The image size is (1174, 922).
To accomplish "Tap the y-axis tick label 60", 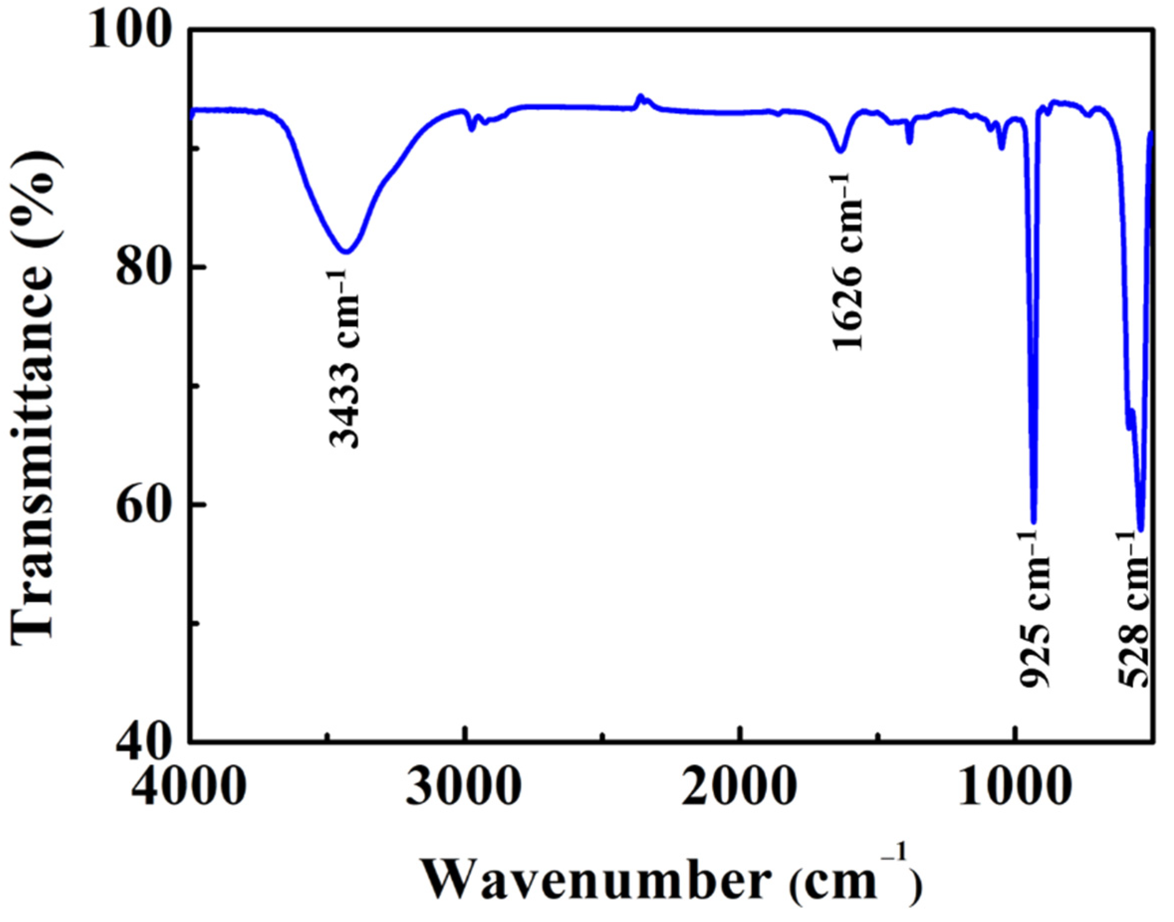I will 149,505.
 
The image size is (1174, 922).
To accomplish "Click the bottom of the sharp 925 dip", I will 1034,521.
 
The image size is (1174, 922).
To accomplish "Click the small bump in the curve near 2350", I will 640,97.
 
